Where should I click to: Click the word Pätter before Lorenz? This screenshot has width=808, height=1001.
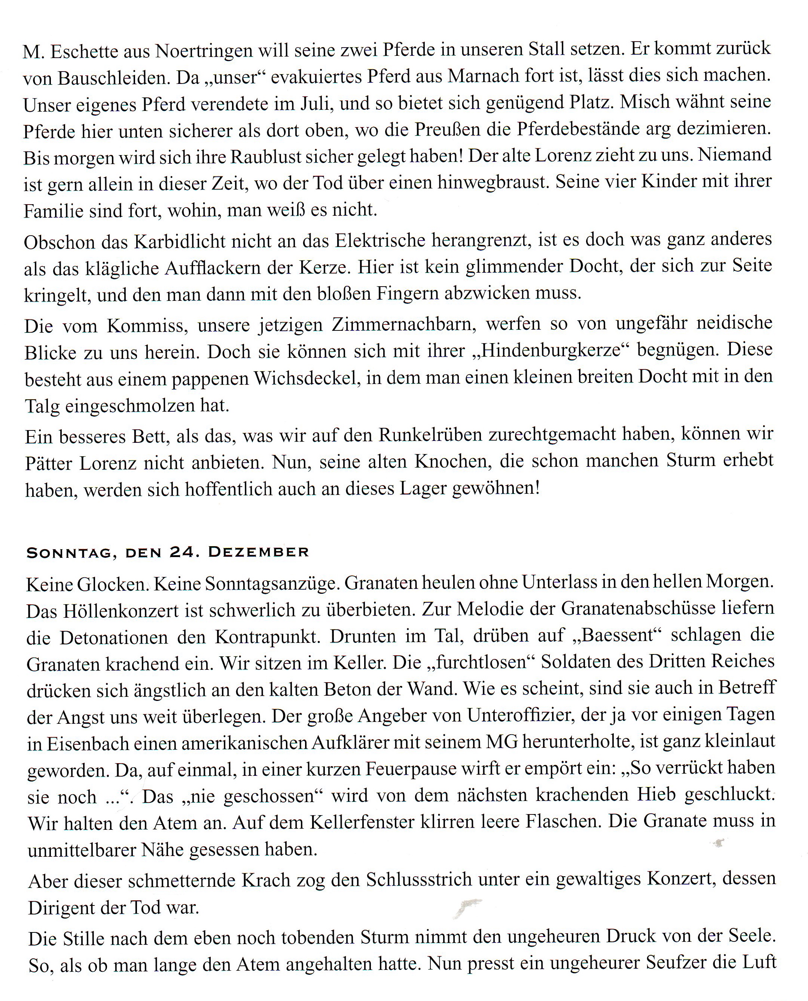(48, 463)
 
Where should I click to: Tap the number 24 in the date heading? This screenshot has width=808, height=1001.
(182, 552)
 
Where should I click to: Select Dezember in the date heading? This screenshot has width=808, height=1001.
(258, 552)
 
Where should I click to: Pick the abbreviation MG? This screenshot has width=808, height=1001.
(501, 741)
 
